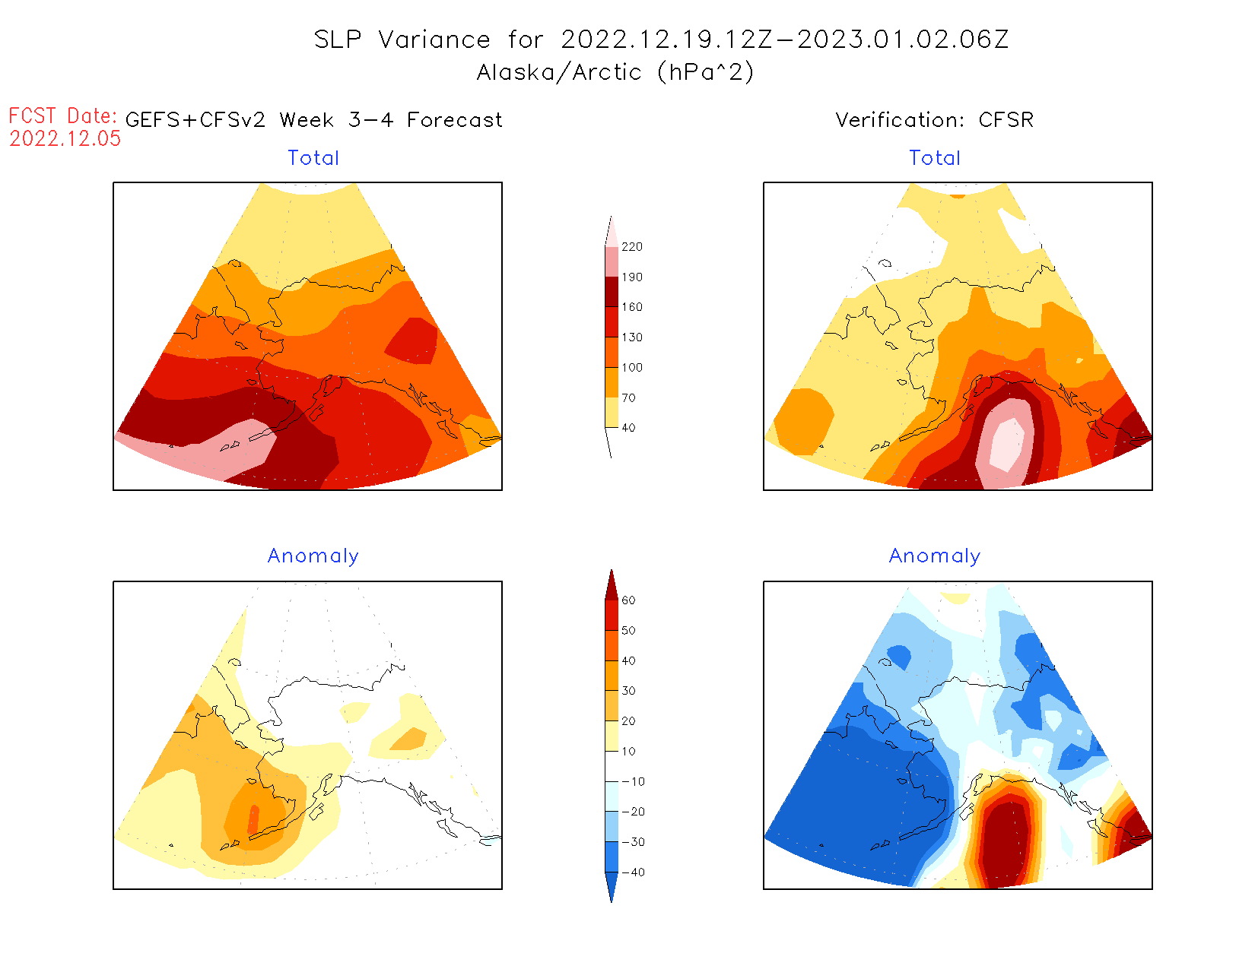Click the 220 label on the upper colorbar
click(631, 247)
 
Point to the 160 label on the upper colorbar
click(631, 307)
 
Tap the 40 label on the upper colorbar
click(628, 428)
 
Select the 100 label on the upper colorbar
click(631, 368)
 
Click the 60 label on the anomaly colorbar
click(628, 600)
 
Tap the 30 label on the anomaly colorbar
click(628, 691)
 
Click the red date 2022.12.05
click(65, 138)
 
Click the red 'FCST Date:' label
click(62, 116)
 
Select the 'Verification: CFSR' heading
click(934, 120)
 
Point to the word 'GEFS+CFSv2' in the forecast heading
click(195, 120)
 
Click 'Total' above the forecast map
click(313, 158)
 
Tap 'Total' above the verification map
click(935, 158)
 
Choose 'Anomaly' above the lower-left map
click(313, 556)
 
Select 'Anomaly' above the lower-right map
click(935, 556)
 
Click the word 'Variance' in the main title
click(434, 40)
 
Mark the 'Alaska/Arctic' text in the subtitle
click(559, 72)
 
